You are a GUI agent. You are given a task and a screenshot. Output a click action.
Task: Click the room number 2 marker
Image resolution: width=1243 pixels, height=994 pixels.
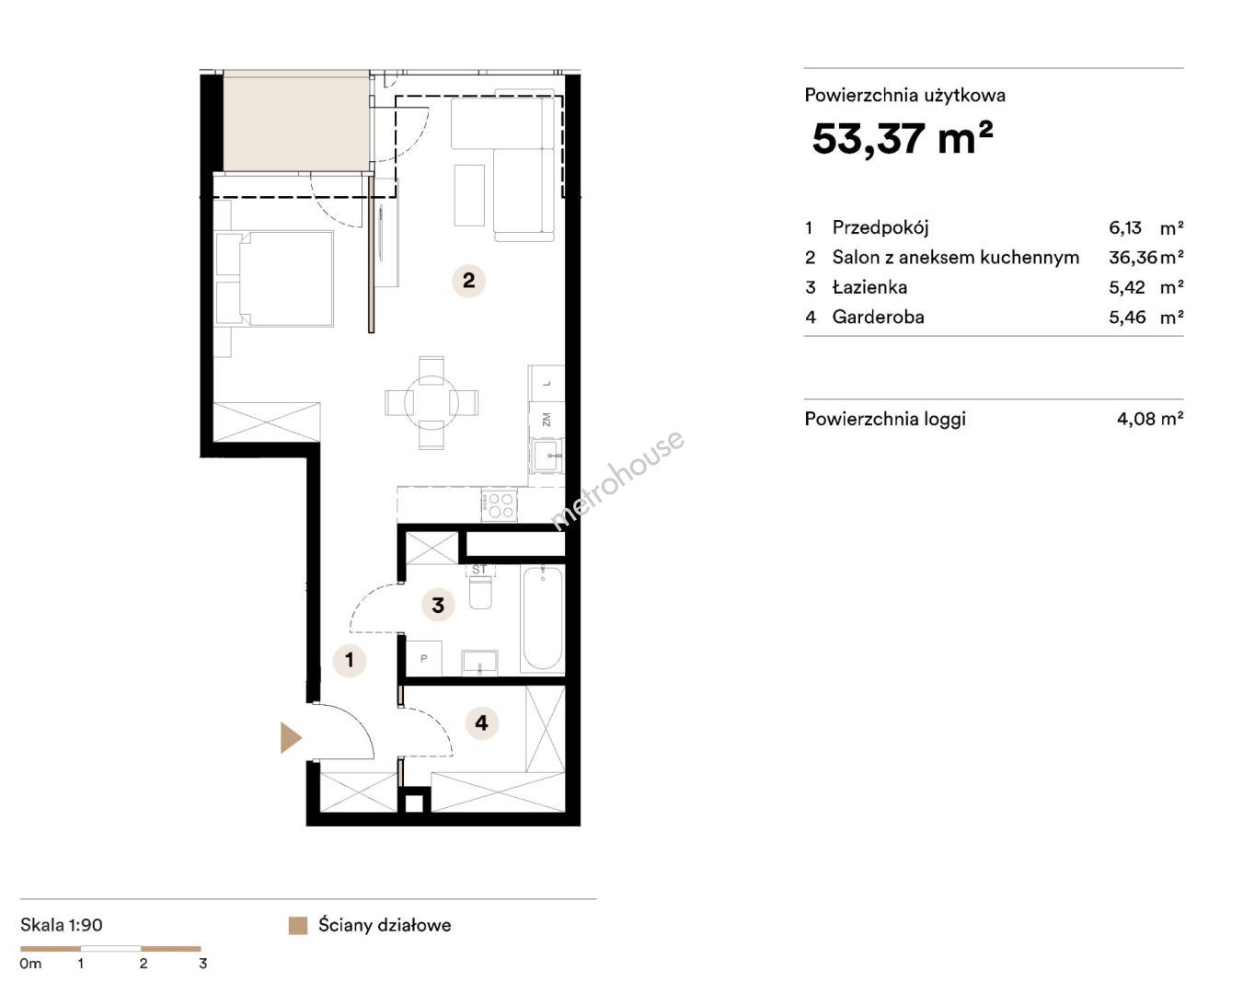(468, 281)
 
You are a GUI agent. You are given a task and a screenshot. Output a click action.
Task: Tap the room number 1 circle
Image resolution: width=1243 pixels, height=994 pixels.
(349, 659)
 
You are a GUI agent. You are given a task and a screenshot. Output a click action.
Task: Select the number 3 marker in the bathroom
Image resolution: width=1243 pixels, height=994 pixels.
(438, 605)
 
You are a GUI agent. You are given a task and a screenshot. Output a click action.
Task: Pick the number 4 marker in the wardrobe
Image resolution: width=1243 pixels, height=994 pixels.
(481, 722)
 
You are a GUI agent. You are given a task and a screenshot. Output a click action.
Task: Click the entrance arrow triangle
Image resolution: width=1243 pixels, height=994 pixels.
(290, 737)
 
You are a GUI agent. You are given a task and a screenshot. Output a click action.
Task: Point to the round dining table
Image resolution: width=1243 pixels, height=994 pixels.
(432, 403)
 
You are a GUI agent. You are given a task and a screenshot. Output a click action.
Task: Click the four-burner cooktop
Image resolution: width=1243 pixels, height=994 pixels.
(499, 504)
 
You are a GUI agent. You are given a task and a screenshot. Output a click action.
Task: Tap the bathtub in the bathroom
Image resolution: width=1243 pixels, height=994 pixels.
(542, 618)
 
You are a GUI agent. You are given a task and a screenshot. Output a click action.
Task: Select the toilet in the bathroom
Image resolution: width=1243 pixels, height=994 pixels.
(480, 592)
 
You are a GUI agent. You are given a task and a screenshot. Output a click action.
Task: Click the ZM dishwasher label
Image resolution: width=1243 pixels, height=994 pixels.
(547, 420)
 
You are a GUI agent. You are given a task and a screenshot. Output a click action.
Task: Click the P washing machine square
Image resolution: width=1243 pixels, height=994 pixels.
(424, 658)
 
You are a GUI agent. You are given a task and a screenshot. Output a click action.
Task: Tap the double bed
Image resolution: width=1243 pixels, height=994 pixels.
(274, 279)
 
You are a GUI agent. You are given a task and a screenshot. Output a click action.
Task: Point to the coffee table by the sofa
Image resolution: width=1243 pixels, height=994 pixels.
(469, 195)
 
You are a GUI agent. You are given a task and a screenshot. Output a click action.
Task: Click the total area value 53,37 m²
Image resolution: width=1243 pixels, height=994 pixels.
(903, 138)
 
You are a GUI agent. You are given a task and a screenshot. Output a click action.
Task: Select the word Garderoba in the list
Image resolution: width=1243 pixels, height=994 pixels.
(878, 317)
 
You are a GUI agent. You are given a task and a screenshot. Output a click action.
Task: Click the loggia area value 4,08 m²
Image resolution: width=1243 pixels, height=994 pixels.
(1150, 419)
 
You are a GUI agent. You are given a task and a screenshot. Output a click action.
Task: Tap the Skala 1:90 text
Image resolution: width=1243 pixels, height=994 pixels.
(62, 925)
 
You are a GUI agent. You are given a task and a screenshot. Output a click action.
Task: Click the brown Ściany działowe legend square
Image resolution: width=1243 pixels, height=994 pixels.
(298, 925)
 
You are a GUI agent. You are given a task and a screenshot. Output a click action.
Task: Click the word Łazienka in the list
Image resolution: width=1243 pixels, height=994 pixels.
(869, 286)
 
